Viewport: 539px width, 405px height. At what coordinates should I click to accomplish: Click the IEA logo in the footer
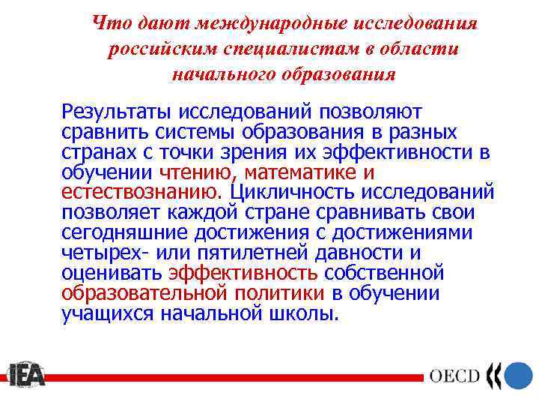point(26,375)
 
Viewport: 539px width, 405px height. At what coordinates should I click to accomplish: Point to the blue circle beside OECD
point(518,375)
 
